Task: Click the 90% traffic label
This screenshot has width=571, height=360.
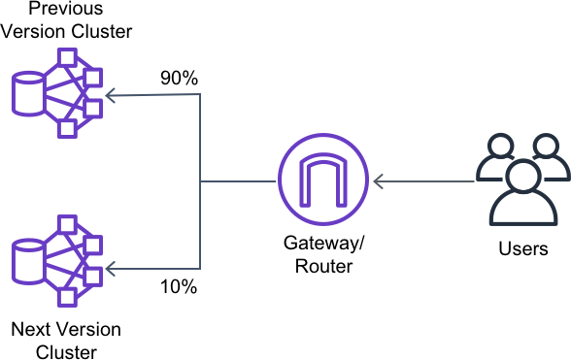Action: click(x=179, y=78)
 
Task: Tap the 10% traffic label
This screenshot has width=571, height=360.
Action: click(x=179, y=287)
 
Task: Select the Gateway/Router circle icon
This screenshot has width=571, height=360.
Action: click(x=323, y=180)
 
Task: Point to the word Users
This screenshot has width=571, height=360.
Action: click(x=523, y=249)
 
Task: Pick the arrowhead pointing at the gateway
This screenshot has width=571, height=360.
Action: click(x=379, y=181)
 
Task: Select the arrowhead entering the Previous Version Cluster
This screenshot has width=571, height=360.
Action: click(x=111, y=96)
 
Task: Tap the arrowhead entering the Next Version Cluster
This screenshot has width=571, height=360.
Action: click(x=111, y=269)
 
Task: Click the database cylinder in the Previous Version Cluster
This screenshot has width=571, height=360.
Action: click(x=28, y=94)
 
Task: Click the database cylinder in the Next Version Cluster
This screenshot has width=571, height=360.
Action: click(x=28, y=261)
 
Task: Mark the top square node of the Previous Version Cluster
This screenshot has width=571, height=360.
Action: click(x=67, y=57)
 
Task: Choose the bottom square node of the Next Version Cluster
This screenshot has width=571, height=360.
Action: click(x=67, y=297)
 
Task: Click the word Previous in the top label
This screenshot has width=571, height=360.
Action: click(x=66, y=8)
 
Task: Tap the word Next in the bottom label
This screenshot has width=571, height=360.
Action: click(x=31, y=330)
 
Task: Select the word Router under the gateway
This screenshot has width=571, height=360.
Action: click(x=323, y=266)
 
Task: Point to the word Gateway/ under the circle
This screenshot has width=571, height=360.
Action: click(x=323, y=244)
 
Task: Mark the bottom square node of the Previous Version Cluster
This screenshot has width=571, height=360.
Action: click(x=67, y=128)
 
